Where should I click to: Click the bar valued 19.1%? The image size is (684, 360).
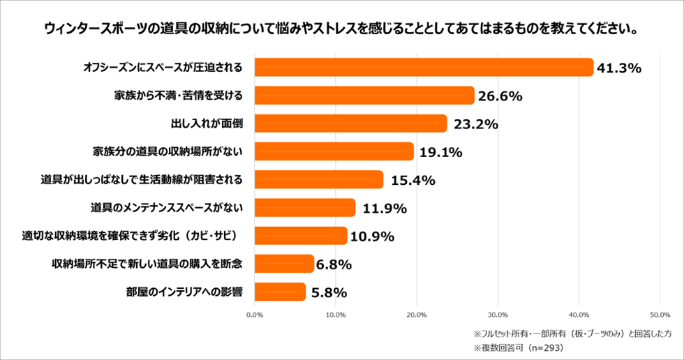(x=334, y=151)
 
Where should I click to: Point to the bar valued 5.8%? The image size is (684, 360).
(x=280, y=292)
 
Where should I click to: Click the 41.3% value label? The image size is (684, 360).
(x=619, y=68)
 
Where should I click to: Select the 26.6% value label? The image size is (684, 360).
(x=500, y=96)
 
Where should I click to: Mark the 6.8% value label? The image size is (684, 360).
(x=333, y=264)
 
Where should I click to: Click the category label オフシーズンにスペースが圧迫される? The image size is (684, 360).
(x=163, y=68)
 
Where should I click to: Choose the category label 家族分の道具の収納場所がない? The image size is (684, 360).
(x=168, y=151)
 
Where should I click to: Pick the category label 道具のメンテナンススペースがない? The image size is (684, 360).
(x=167, y=208)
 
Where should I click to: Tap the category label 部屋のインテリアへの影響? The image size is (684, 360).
(x=183, y=292)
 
